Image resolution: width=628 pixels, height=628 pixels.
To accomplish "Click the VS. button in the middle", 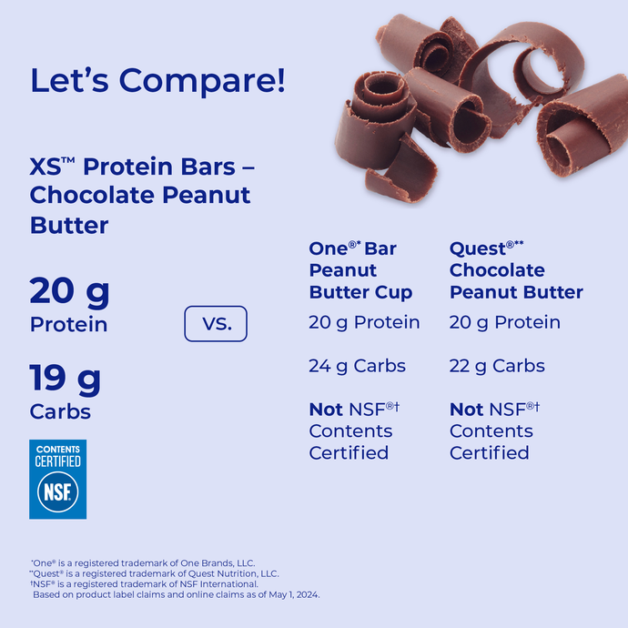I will tap(216, 324).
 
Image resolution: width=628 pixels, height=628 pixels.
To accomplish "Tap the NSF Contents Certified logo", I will tap(57, 479).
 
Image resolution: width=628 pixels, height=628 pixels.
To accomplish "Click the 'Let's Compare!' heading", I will tap(157, 80).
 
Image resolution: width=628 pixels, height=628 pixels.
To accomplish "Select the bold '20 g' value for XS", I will tap(69, 292).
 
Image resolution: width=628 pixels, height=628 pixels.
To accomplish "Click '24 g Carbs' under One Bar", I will tap(357, 366).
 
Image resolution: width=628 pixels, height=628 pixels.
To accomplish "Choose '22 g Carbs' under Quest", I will tap(497, 366).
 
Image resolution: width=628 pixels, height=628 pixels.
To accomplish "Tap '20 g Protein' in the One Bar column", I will tap(364, 322).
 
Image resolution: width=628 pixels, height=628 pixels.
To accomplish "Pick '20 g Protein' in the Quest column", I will tap(504, 322).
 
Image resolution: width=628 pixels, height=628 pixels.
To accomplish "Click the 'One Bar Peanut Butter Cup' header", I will tap(360, 270).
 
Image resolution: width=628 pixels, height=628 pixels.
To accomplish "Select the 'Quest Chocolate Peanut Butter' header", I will tap(516, 270).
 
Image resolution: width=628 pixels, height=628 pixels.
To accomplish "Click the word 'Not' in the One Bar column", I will tap(326, 410).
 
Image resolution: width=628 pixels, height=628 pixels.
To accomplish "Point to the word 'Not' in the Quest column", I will tap(466, 410).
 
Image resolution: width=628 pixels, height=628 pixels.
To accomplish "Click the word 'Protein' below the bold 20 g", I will tap(68, 325).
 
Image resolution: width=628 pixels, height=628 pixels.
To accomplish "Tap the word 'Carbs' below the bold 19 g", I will tap(60, 411).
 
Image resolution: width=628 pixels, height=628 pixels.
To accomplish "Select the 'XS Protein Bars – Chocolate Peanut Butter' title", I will tap(141, 196).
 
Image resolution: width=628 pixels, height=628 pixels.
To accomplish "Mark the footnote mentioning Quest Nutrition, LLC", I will tap(155, 573).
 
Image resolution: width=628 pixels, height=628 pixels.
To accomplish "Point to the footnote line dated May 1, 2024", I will tap(176, 594).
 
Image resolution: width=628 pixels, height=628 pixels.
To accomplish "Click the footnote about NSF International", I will tap(145, 584).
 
